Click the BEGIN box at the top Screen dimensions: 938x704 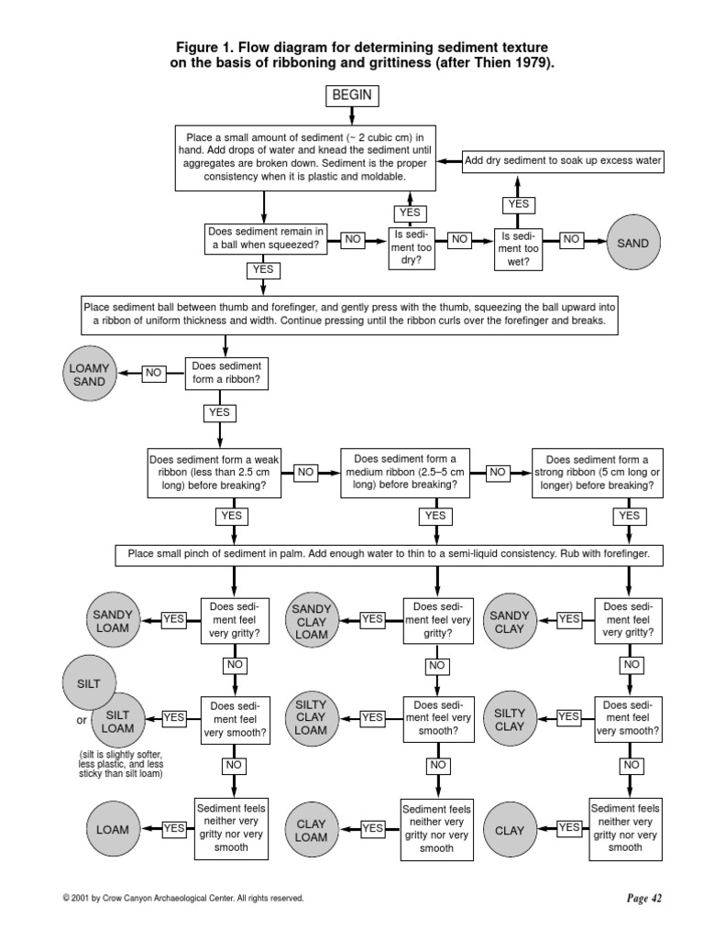352,96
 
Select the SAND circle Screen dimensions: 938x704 632,243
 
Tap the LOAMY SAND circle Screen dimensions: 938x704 89,374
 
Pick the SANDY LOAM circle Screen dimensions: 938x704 113,620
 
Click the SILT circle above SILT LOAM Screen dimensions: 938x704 89,684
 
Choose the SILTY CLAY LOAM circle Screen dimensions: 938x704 312,717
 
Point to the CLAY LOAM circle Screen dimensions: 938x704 312,830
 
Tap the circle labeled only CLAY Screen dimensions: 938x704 510,830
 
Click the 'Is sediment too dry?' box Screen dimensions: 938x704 412,246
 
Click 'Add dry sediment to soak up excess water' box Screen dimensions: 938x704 563,160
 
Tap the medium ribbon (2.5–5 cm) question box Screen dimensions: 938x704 411,472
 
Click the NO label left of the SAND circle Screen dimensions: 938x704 571,238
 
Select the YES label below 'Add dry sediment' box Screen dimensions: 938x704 519,203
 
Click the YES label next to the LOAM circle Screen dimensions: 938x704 174,828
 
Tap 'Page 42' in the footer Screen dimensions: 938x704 643,899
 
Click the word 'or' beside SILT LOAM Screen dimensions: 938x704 81,719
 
